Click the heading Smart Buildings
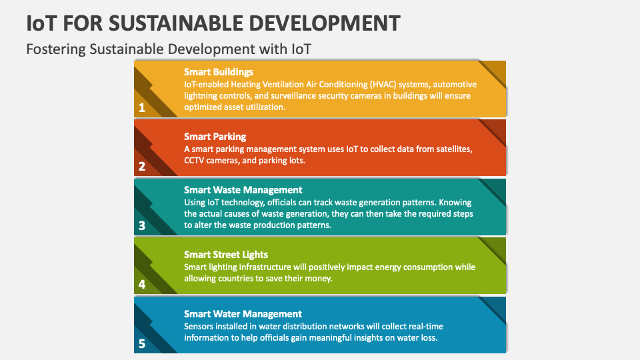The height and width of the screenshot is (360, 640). (x=218, y=71)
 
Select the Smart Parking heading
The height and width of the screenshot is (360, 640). (x=215, y=136)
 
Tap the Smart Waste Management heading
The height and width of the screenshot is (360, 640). (x=243, y=190)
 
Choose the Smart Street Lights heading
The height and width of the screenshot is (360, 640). (x=226, y=254)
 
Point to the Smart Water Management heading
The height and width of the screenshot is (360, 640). (x=243, y=313)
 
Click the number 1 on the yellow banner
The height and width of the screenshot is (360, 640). (x=141, y=107)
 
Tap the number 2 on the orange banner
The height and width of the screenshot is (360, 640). (x=141, y=167)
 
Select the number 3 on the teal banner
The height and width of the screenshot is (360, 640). (x=141, y=225)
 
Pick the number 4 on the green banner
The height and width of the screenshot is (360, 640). (x=141, y=284)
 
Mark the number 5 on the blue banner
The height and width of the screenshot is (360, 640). (x=141, y=344)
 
